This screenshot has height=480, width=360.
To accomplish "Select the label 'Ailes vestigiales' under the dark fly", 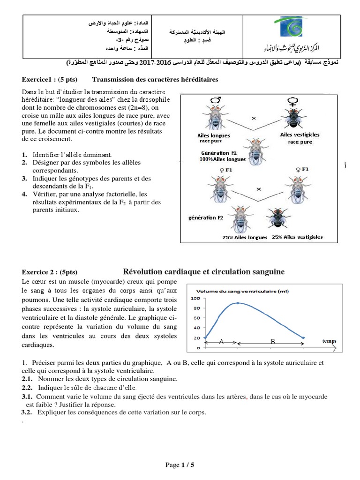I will (x=300, y=135).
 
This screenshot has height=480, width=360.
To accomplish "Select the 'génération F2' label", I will (x=202, y=218).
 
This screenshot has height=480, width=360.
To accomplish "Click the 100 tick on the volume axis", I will (x=196, y=299).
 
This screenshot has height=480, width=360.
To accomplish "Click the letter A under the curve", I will (x=221, y=342).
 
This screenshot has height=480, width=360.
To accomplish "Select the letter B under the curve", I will (x=272, y=342).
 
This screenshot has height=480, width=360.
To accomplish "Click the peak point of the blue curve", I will (x=239, y=303).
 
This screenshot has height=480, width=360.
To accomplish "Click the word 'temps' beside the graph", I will (x=329, y=341).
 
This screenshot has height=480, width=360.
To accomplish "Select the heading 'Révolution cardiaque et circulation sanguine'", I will (x=203, y=272).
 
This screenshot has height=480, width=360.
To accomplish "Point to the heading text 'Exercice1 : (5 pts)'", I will (x=50, y=80).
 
